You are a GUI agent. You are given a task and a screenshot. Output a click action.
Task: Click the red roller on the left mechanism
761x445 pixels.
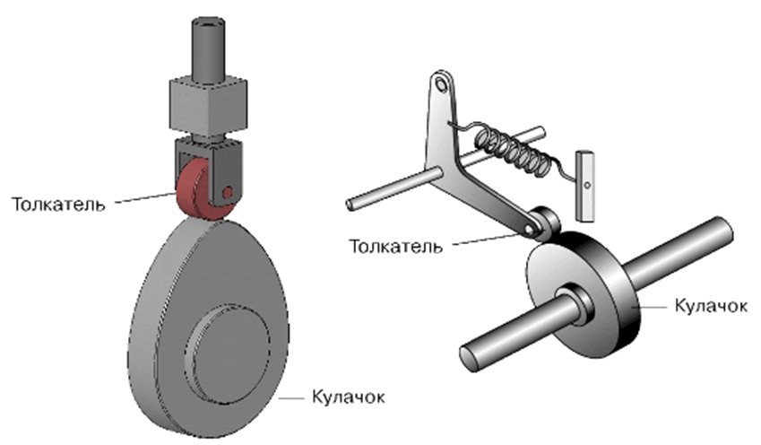point(195,193)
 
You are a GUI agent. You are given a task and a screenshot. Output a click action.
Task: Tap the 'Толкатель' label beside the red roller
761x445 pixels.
point(60,203)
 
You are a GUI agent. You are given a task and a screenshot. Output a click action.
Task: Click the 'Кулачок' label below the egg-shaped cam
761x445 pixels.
point(349,395)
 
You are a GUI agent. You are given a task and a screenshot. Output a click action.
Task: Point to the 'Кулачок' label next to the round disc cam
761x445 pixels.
point(706,306)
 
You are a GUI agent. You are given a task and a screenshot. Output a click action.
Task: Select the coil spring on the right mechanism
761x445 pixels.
point(512,148)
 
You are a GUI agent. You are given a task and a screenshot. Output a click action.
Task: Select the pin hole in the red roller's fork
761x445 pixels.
point(229,191)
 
